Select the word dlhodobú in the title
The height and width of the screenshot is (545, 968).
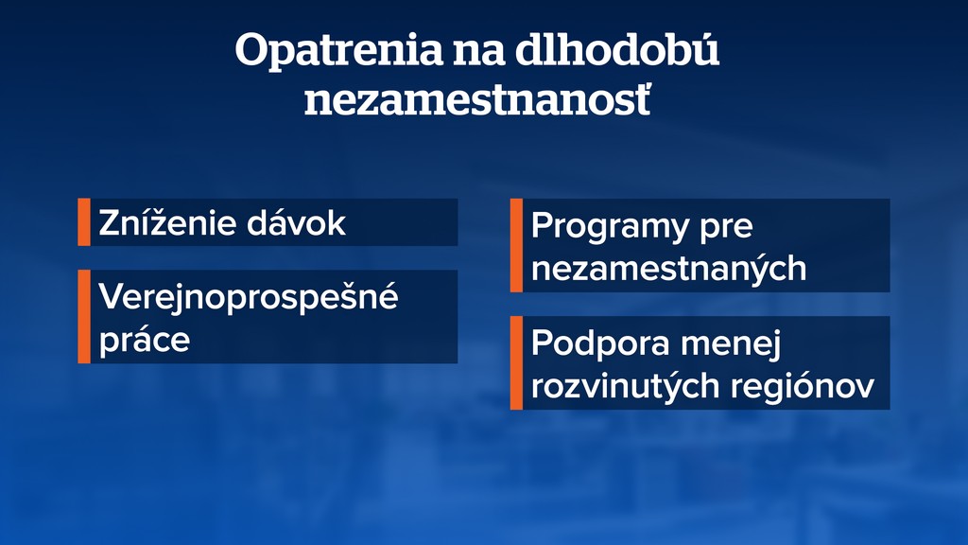(x=615, y=51)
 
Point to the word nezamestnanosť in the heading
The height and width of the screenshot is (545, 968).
(x=477, y=100)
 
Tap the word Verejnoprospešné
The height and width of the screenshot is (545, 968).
(x=249, y=298)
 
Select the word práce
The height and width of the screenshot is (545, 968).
(x=145, y=340)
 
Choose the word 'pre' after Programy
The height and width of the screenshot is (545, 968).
(x=726, y=228)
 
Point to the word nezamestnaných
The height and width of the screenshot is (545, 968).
(x=668, y=269)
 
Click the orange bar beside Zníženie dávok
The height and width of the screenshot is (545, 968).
(x=83, y=222)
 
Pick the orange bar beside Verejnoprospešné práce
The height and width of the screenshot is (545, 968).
(x=83, y=316)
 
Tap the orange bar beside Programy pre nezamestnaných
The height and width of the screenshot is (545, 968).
(x=516, y=245)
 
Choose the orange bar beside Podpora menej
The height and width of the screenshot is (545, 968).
(x=516, y=362)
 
